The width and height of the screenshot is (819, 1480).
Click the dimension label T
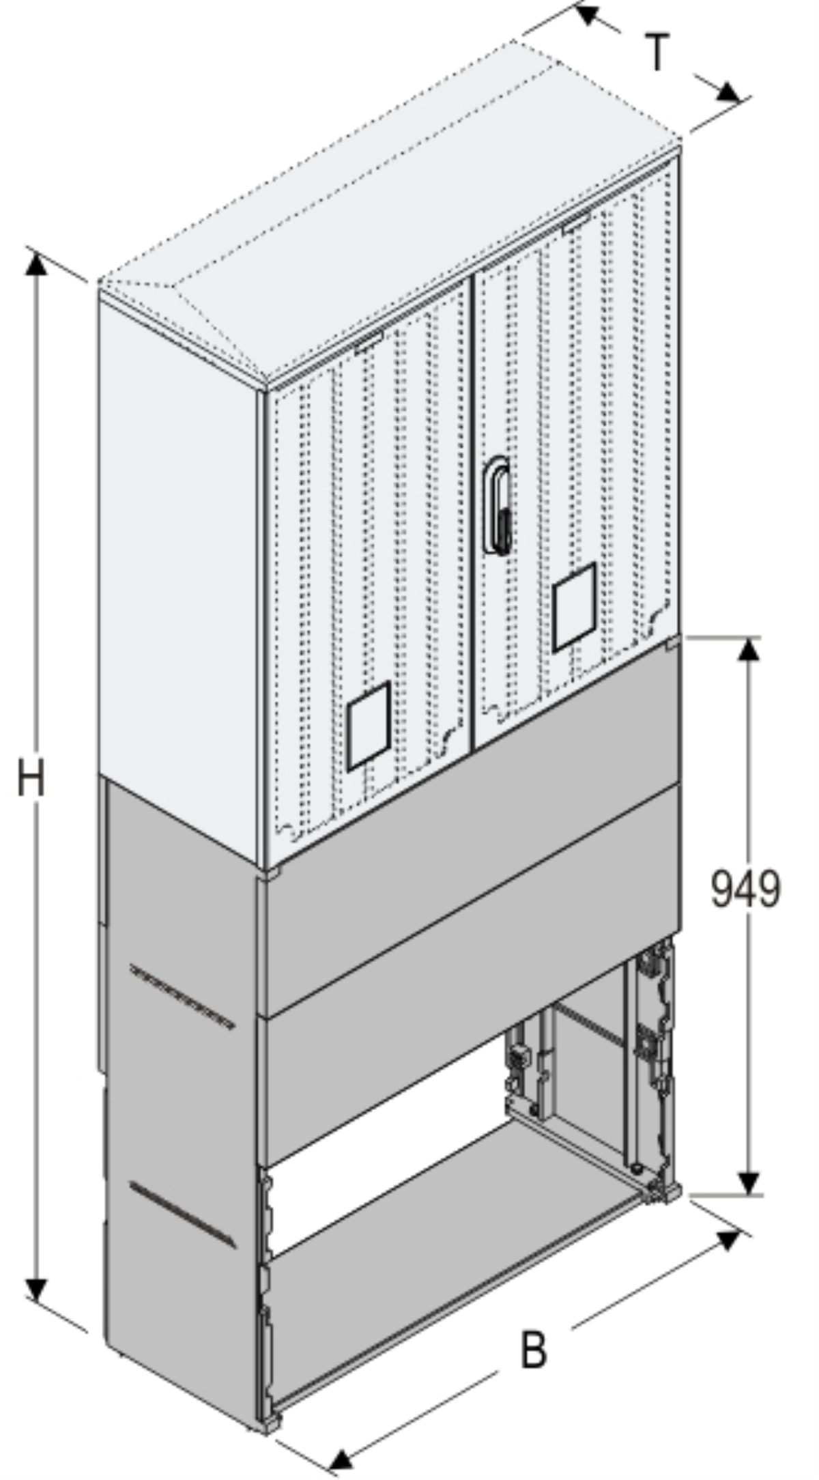(657, 53)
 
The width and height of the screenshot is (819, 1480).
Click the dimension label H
(31, 779)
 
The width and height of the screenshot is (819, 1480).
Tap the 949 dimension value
(745, 890)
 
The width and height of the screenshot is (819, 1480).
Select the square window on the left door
(369, 726)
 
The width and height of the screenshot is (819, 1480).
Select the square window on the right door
(574, 607)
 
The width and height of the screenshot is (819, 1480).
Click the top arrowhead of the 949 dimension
(749, 649)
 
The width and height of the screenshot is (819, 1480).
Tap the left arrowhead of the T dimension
(588, 14)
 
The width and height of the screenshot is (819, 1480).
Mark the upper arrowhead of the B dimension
(729, 1240)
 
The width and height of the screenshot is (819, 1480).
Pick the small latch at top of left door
(369, 343)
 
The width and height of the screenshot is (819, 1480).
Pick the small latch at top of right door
(577, 223)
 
